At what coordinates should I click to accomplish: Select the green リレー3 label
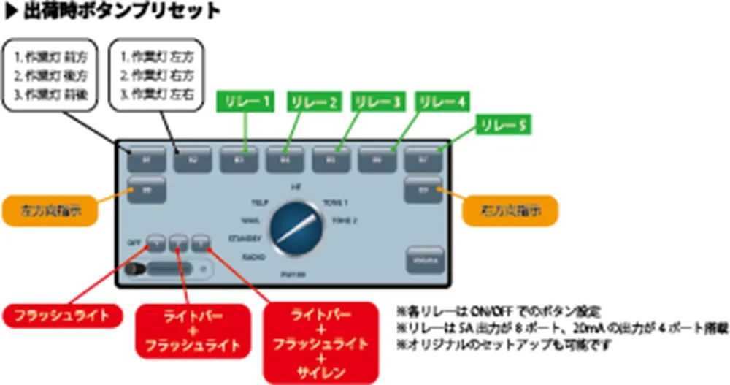click(377, 103)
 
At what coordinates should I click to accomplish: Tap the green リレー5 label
click(502, 125)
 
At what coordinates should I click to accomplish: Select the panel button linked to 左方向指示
click(146, 190)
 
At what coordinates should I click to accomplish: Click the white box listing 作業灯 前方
click(51, 75)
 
